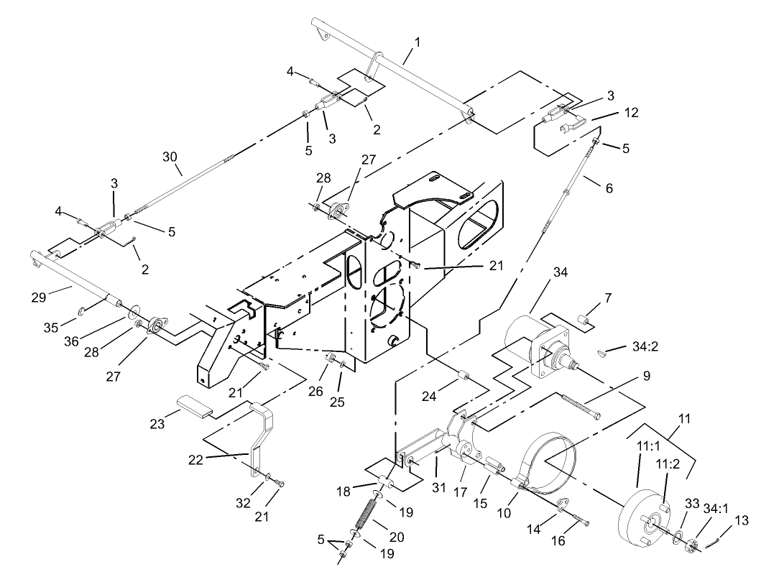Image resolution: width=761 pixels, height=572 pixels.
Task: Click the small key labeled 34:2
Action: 601,352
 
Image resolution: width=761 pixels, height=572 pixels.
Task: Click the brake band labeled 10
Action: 553,460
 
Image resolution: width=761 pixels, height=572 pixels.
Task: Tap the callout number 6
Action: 609,188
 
